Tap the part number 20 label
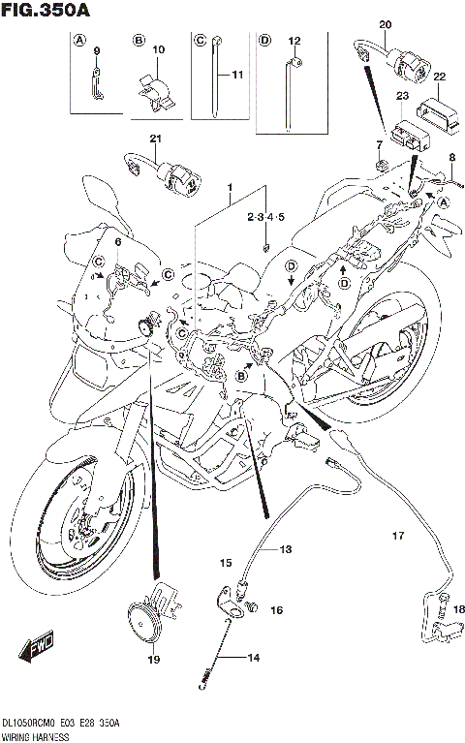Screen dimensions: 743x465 click(385, 23)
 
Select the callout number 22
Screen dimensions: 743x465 click(439, 77)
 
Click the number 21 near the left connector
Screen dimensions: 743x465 click(154, 139)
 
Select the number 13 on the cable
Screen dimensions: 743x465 click(286, 548)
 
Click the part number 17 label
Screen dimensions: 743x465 click(396, 536)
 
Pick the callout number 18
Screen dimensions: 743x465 click(458, 609)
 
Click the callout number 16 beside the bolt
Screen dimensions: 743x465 click(276, 610)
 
